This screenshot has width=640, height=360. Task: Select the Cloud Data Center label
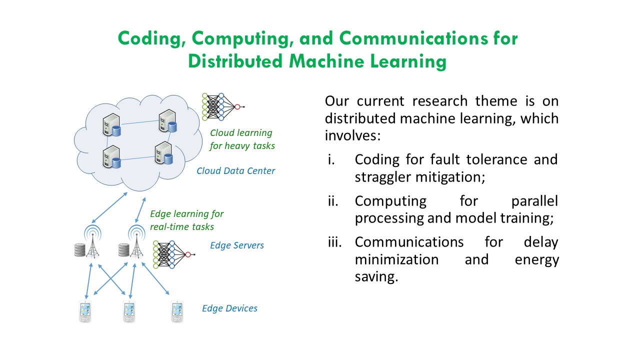tap(235, 171)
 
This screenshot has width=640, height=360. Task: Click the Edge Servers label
tap(237, 245)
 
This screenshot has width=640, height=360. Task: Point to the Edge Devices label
tap(229, 308)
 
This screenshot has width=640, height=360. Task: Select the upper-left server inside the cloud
tap(111, 123)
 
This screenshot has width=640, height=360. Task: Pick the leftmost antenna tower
tap(91, 242)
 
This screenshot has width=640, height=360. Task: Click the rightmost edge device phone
tap(177, 311)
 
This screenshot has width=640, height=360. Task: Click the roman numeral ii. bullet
tap(333, 201)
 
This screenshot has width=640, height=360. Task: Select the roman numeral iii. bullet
tap(334, 242)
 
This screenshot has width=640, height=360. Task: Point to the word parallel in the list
tap(534, 201)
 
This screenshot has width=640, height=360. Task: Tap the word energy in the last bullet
tap(536, 260)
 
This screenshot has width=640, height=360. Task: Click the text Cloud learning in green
tap(241, 133)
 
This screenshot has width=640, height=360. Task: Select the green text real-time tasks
tap(182, 227)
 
